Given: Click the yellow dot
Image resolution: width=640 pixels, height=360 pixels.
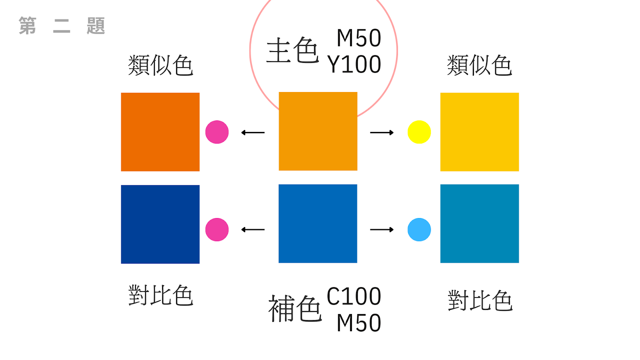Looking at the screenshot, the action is pos(419,132).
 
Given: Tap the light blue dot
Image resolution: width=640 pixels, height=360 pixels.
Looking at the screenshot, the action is pos(419,230).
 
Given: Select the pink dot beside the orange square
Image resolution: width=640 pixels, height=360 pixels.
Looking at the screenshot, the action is pos(217,132).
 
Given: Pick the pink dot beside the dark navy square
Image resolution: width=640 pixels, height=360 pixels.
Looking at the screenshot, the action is pos(217,230).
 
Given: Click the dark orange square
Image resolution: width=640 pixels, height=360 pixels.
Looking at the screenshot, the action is pos(160,132).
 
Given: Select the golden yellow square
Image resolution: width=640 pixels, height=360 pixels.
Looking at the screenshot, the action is pos(479,132).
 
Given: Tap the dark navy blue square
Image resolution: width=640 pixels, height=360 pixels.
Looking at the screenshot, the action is pos(160,224).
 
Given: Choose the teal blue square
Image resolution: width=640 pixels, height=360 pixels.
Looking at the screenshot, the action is pos(479,224).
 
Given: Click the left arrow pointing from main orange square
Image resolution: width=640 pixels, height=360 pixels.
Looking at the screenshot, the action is pos(253,132).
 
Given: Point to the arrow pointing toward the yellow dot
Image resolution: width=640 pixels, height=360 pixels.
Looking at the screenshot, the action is pos(382,132).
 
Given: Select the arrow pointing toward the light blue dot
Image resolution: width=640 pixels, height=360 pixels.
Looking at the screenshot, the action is pos(382,230).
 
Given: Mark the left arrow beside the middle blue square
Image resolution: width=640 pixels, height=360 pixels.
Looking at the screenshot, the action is pos(253,230).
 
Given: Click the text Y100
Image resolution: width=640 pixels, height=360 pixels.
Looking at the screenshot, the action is pos(354,64).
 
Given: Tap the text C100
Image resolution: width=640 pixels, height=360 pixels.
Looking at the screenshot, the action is pos(354,296).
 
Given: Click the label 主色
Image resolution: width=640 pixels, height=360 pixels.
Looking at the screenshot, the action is pos(292,51).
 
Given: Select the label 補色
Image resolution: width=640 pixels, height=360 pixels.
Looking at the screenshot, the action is pos(295,308).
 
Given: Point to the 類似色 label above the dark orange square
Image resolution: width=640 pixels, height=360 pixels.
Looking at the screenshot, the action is pos(160,65).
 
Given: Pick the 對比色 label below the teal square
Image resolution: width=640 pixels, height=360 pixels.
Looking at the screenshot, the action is pos(480,300).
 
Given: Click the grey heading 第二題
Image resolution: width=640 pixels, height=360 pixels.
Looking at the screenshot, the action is pos(62,26).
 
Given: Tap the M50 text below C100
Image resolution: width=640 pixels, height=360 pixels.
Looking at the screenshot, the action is pos(359,323).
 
